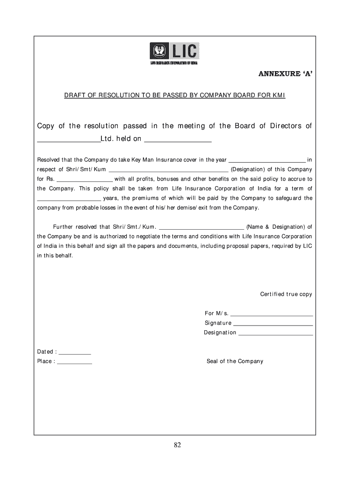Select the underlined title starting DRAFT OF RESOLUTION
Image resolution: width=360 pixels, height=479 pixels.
pyautogui.click(x=174, y=95)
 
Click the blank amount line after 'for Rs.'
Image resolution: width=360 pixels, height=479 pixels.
pyautogui.click(x=85, y=180)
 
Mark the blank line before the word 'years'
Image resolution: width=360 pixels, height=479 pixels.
pyautogui.click(x=69, y=198)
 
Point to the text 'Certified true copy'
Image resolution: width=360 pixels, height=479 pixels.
pyautogui.click(x=286, y=294)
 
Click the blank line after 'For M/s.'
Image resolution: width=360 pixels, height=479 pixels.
pyautogui.click(x=272, y=314)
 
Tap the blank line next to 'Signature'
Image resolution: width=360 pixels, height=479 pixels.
pyautogui.click(x=273, y=324)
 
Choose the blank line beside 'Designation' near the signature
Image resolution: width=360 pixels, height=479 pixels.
pyautogui.click(x=275, y=334)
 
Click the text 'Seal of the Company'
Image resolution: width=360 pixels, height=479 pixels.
pyautogui.click(x=235, y=361)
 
